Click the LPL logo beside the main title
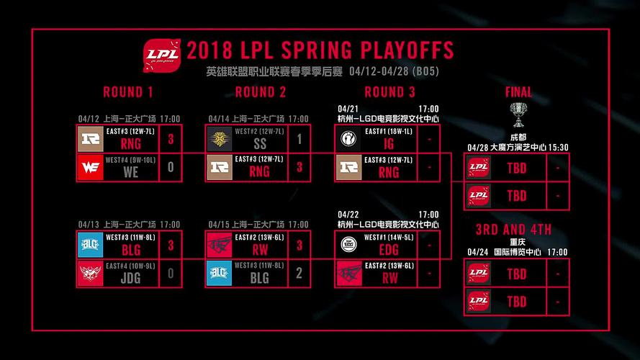click(x=163, y=53)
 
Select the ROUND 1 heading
click(x=128, y=92)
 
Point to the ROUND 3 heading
click(x=389, y=92)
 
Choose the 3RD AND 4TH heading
click(x=513, y=230)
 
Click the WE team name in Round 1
click(x=130, y=172)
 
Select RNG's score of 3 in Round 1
click(x=171, y=140)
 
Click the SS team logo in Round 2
click(x=220, y=139)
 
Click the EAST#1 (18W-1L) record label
click(x=389, y=131)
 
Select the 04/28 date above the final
click(x=477, y=148)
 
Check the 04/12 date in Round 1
click(x=89, y=119)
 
